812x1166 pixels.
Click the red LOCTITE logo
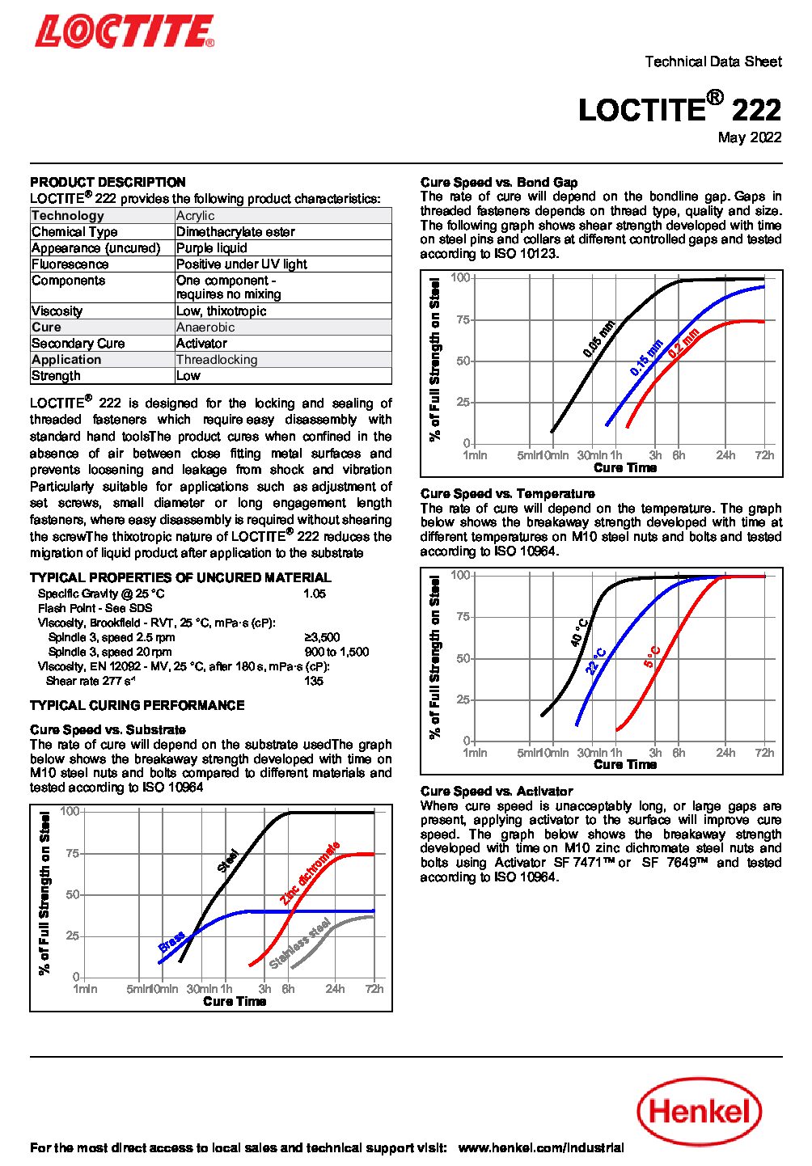[125, 32]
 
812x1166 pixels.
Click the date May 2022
[750, 137]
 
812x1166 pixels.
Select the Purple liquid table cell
[212, 248]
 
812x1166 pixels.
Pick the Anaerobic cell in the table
[205, 327]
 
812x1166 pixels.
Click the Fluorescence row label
[70, 264]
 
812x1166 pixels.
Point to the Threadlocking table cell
[217, 360]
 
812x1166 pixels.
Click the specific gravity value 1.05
[315, 594]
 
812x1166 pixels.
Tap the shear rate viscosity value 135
[314, 681]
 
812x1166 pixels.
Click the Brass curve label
[171, 942]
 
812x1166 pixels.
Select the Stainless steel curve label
[300, 943]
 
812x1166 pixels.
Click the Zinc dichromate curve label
[310, 873]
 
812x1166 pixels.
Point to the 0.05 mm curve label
[599, 339]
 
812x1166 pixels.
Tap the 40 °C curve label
[579, 633]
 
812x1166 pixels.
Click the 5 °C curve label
[653, 657]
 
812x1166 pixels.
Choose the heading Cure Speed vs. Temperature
[507, 493]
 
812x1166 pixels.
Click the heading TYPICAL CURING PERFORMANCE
[137, 705]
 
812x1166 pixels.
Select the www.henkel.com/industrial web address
[541, 1147]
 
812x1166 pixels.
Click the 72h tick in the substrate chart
[374, 988]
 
